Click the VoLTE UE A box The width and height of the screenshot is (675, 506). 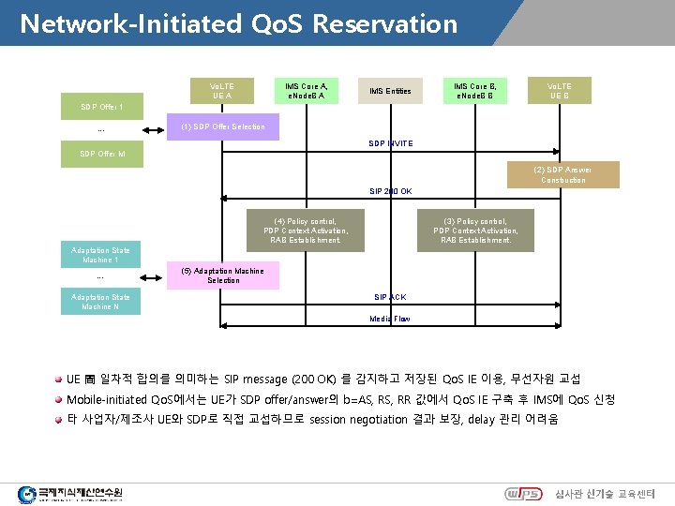[223, 91]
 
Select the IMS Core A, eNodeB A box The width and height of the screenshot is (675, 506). [306, 90]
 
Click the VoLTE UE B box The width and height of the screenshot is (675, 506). [560, 90]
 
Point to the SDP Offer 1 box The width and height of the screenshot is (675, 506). [100, 107]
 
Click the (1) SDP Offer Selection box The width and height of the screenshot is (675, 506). [222, 126]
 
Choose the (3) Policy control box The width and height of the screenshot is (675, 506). [475, 230]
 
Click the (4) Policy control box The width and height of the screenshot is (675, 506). [306, 230]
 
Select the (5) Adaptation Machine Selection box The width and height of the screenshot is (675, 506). [222, 275]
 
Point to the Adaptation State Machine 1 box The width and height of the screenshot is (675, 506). [100, 255]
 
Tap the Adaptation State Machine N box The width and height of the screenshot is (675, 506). [100, 302]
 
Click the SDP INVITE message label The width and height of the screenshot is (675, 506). [391, 143]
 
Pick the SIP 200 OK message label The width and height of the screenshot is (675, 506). [389, 190]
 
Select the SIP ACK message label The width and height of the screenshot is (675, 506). [390, 297]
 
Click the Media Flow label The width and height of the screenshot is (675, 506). [389, 319]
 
